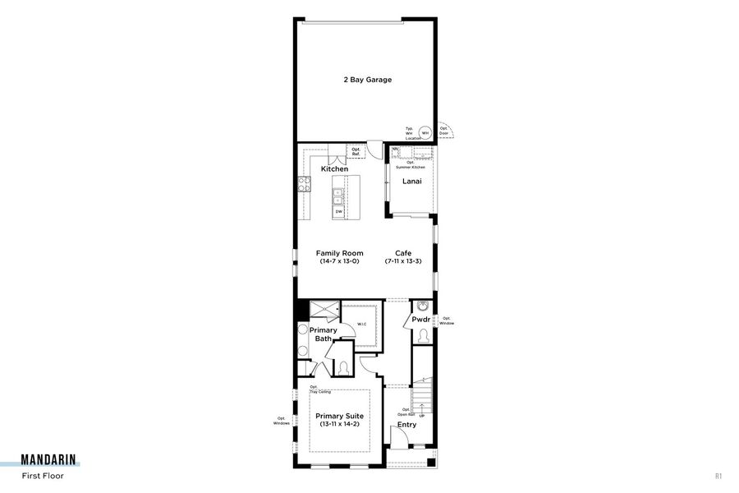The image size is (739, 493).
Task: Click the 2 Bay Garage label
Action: point(367,81)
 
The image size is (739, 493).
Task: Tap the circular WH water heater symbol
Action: point(425,132)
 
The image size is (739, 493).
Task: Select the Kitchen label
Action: point(334,169)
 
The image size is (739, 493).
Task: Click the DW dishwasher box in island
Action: point(338,212)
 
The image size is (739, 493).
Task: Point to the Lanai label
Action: point(411,181)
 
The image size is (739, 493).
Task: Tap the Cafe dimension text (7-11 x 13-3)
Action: point(403,261)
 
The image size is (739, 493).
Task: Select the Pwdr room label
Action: point(421,319)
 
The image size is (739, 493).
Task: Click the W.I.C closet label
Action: point(361,324)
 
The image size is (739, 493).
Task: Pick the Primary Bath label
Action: point(323,334)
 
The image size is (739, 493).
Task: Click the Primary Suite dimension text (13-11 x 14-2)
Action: point(339,425)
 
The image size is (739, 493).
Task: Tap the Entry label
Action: point(406,425)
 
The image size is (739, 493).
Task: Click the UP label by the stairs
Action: point(422,416)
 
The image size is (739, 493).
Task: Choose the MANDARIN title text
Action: point(50,461)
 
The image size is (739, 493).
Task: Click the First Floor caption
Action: point(42,476)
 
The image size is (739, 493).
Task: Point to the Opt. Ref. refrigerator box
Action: point(356,152)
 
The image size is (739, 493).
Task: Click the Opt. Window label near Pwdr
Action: point(446,320)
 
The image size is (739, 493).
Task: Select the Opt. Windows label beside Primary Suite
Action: point(282,422)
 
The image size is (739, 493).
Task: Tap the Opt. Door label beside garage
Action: point(444,130)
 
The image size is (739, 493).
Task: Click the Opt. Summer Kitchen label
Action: point(411,164)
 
